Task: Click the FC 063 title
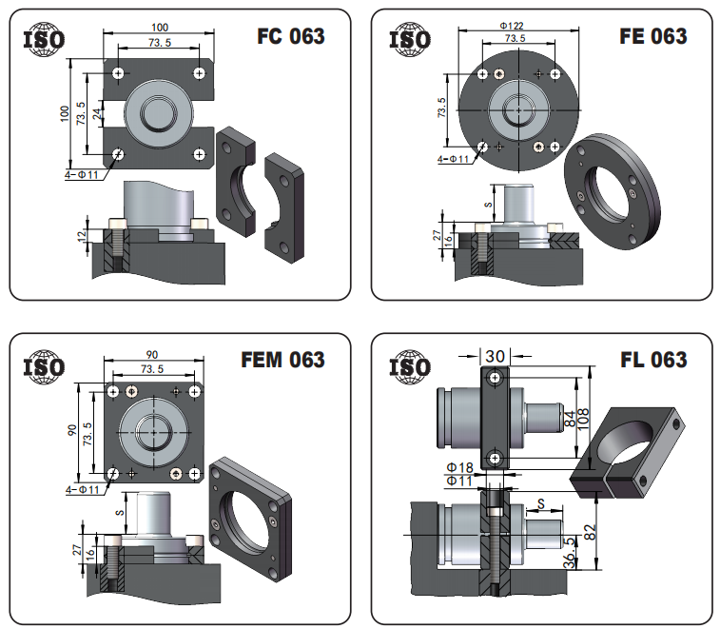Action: pyautogui.click(x=291, y=36)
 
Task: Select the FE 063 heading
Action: pyautogui.click(x=653, y=36)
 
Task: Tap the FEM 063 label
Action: pyautogui.click(x=282, y=360)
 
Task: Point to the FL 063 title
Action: pyautogui.click(x=653, y=360)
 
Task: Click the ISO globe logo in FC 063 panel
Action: pyautogui.click(x=44, y=40)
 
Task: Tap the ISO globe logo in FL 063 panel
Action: pyautogui.click(x=410, y=367)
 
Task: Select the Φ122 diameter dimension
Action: pyautogui.click(x=512, y=26)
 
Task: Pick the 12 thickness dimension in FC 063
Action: pyautogui.click(x=82, y=236)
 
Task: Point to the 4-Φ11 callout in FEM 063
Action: pyautogui.click(x=82, y=490)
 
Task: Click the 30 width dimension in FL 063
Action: pyautogui.click(x=495, y=356)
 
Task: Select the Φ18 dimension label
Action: pyautogui.click(x=460, y=468)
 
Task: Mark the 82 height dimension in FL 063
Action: pyautogui.click(x=591, y=532)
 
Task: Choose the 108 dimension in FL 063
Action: pyautogui.click(x=583, y=419)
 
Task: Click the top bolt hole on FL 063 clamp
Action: pyautogui.click(x=495, y=378)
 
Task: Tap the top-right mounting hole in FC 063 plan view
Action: pyautogui.click(x=199, y=73)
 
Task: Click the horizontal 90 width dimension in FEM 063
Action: pyautogui.click(x=152, y=354)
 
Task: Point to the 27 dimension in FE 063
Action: pyautogui.click(x=438, y=235)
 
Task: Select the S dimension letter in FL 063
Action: pyautogui.click(x=541, y=504)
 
